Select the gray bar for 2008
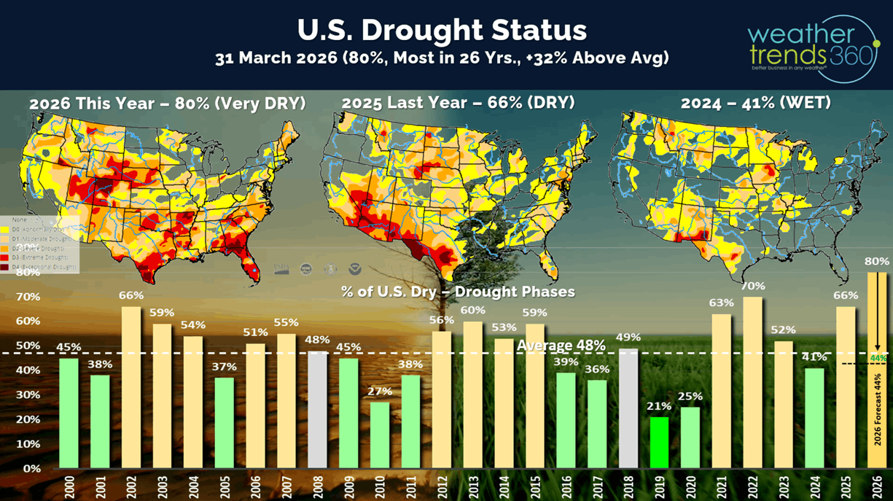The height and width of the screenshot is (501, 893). (x=317, y=410)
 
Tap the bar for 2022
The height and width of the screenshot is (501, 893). (x=753, y=382)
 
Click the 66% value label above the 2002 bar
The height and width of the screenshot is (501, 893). (x=131, y=296)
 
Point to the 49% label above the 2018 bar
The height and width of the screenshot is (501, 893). (x=628, y=338)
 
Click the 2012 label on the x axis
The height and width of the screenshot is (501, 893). (x=441, y=484)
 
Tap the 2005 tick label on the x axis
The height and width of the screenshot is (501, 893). (x=224, y=484)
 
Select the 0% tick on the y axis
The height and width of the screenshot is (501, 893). (x=31, y=468)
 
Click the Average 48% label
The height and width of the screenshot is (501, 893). (x=561, y=344)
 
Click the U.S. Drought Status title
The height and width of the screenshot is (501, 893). (x=442, y=31)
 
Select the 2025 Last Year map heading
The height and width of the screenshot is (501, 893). (x=458, y=104)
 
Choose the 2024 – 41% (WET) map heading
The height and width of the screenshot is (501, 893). (x=755, y=104)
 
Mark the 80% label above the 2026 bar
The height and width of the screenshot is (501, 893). (x=877, y=261)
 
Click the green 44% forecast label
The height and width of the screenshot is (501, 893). (x=877, y=358)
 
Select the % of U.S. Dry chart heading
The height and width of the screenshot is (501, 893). (x=458, y=292)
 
